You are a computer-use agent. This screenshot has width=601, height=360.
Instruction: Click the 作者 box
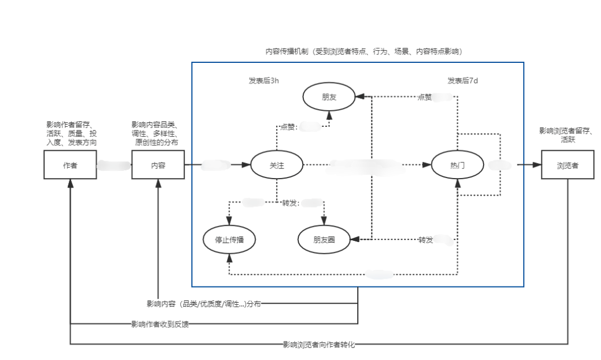(70, 165)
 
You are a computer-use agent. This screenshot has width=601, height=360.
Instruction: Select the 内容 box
(158, 165)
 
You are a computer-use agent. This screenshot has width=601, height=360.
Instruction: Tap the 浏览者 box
(568, 165)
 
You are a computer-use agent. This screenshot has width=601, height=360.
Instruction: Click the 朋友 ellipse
(329, 97)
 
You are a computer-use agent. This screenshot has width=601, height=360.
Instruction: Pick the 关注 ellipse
(277, 165)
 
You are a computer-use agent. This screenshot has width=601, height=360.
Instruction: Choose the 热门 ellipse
(457, 165)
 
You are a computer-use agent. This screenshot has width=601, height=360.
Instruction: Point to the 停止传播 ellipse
(229, 240)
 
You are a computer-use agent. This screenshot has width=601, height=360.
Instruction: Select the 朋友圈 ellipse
(324, 240)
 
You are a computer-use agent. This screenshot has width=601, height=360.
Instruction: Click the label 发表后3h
(264, 81)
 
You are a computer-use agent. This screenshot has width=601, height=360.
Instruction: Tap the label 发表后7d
(462, 81)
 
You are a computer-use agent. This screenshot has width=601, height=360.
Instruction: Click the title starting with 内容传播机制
(364, 51)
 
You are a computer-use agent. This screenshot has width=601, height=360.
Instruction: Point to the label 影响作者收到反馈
(160, 324)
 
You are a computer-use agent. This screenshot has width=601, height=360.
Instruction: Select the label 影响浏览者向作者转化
(318, 344)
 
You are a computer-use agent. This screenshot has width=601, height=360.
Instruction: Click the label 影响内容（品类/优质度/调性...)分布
(204, 304)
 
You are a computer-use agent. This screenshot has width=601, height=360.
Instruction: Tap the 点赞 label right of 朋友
(425, 97)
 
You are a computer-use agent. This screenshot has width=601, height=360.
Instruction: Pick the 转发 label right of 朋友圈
(426, 240)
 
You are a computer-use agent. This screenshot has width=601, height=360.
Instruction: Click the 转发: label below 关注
(290, 203)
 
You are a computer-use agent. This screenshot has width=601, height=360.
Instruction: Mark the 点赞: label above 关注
(289, 127)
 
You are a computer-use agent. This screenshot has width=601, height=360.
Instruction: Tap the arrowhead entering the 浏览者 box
(537, 165)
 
